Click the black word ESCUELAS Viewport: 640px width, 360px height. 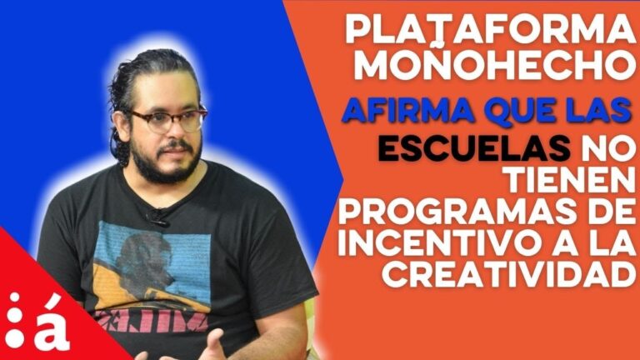(474, 148)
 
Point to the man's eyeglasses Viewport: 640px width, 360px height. (167, 120)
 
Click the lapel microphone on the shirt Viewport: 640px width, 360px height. (157, 217)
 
